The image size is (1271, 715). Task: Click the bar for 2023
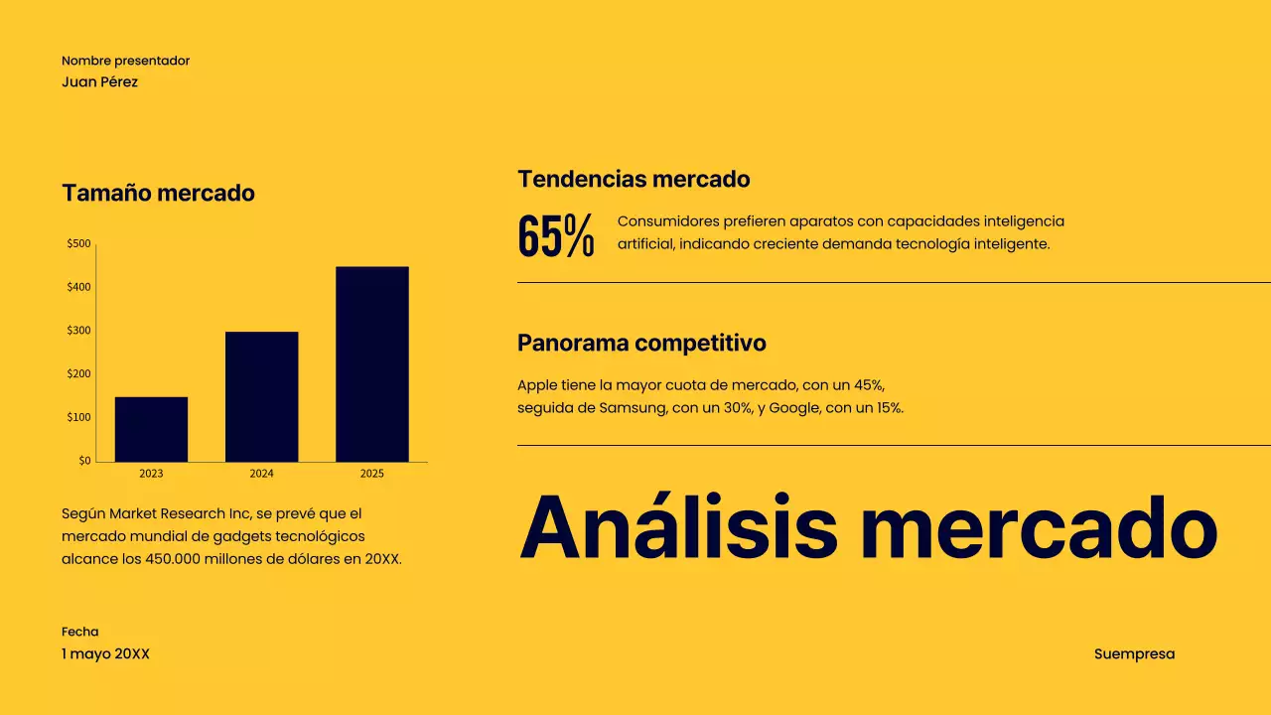pyautogui.click(x=151, y=429)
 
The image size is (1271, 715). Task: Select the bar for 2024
pyautogui.click(x=261, y=396)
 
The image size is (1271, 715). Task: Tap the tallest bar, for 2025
pyautogui.click(x=371, y=363)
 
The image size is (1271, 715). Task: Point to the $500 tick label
pyautogui.click(x=78, y=243)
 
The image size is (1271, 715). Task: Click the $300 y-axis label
pyautogui.click(x=78, y=330)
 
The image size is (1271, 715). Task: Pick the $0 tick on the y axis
pyautogui.click(x=84, y=461)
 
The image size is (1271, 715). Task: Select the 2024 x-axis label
pyautogui.click(x=261, y=474)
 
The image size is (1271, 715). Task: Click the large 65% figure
pyautogui.click(x=556, y=236)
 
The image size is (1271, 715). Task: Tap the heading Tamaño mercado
pyautogui.click(x=158, y=193)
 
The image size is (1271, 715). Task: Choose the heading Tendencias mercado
pyautogui.click(x=634, y=180)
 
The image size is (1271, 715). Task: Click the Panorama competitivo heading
pyautogui.click(x=641, y=343)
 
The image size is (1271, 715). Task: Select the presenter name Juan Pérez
pyautogui.click(x=99, y=81)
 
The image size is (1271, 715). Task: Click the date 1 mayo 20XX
pyautogui.click(x=105, y=653)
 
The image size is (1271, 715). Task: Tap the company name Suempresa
pyautogui.click(x=1134, y=653)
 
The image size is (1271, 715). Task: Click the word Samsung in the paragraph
pyautogui.click(x=633, y=407)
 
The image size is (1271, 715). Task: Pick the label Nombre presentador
pyautogui.click(x=125, y=61)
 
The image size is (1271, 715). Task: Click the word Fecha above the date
pyautogui.click(x=79, y=632)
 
